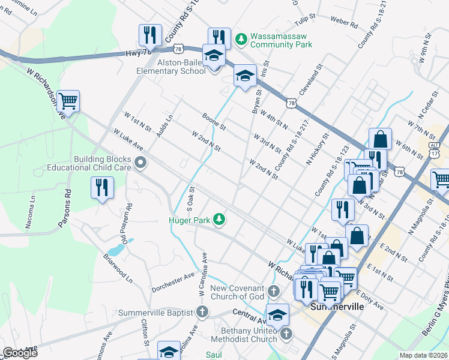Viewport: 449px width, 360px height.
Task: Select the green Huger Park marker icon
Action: [220, 220]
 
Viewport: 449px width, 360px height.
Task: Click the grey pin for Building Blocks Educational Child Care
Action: [140, 163]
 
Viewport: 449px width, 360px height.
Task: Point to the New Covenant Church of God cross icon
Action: [274, 292]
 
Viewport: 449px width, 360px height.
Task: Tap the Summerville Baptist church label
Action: [155, 313]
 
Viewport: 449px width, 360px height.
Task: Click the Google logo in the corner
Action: [20, 353]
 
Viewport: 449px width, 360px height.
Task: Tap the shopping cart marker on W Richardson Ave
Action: [68, 102]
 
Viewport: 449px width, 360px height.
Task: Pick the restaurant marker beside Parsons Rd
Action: [101, 188]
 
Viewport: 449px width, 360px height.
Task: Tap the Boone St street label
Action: [214, 122]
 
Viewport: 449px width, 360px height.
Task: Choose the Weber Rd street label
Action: [345, 25]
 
